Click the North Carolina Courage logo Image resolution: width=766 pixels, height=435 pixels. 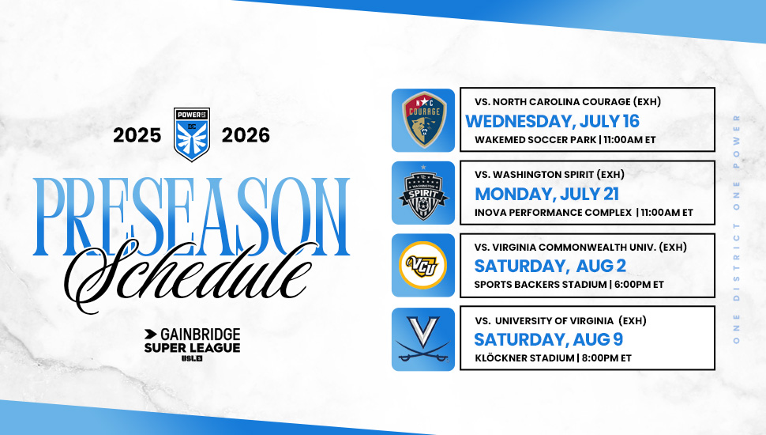click(x=423, y=120)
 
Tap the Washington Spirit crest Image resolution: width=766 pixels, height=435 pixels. click(x=423, y=193)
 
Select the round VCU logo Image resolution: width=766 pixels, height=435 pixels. click(x=423, y=265)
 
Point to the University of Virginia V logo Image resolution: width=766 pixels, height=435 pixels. click(x=423, y=339)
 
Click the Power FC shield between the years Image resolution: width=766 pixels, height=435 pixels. click(x=191, y=134)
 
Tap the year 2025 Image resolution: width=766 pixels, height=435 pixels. click(x=137, y=135)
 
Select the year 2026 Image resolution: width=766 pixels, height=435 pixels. click(x=246, y=135)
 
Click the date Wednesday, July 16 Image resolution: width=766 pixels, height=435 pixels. click(x=552, y=121)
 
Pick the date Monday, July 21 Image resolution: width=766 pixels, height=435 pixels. click(x=546, y=194)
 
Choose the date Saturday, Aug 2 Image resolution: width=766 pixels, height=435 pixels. click(x=550, y=266)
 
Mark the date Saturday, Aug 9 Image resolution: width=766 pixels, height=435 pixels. click(x=548, y=339)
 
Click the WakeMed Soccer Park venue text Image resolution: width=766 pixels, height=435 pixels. click(x=535, y=139)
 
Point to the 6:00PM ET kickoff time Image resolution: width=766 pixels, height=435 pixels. click(x=639, y=284)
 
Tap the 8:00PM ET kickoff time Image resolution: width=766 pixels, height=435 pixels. click(x=606, y=357)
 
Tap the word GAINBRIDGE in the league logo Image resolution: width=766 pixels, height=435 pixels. click(x=201, y=335)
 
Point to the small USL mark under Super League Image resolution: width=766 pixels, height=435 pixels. click(x=192, y=358)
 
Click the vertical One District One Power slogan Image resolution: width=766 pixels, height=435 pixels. click(x=736, y=229)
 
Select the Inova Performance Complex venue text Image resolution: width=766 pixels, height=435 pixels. click(x=553, y=213)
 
